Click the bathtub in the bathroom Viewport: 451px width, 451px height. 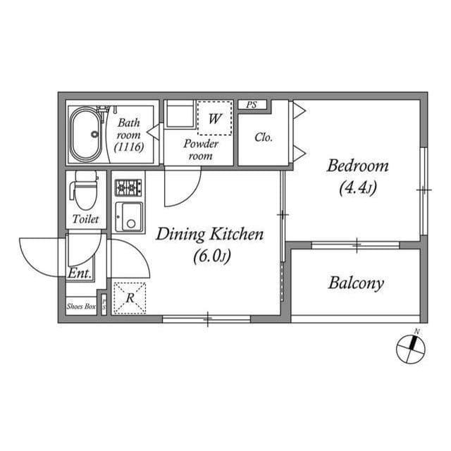coord(86,135)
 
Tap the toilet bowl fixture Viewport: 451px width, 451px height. coord(85,190)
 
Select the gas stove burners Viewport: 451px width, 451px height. coord(128,187)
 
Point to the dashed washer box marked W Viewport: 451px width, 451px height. coord(215,118)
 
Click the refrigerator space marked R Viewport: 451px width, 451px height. coord(130,298)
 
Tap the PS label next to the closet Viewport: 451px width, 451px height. coord(252,105)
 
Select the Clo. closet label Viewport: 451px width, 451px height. coord(264,137)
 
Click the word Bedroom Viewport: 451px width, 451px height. coord(357,166)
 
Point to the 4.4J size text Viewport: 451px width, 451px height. coord(357,188)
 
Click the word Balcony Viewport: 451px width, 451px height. coord(356,283)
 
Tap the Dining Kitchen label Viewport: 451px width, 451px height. coord(210,234)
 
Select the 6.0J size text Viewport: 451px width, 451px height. coord(212,256)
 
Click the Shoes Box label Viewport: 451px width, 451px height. coord(81,307)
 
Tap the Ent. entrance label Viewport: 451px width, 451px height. coord(80,273)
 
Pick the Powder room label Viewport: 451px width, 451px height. coord(201,149)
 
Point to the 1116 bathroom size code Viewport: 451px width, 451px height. coord(129,147)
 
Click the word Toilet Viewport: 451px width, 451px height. coord(85,219)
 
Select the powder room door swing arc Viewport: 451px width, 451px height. coord(191,197)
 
